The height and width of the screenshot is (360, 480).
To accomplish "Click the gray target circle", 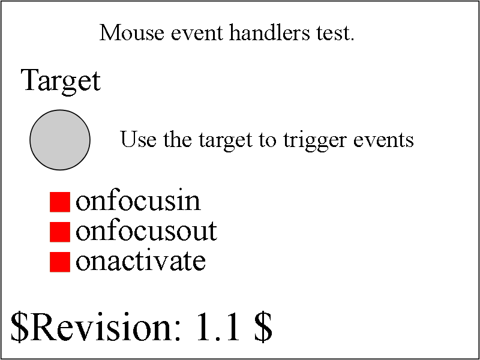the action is coord(60,140).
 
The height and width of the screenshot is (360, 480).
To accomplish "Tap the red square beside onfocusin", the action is coord(60,202).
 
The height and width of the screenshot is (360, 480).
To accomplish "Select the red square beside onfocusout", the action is coord(60,232).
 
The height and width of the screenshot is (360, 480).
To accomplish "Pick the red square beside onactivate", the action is coord(60,262).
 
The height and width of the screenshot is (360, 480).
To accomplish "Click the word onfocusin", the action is coord(138,202).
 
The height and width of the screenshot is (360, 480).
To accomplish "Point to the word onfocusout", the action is coord(146,231).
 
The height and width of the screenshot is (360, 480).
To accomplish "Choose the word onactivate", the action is coord(140,261).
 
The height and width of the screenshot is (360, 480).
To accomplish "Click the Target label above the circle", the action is coord(61,81).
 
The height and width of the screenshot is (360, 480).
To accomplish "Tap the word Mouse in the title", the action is coord(131,33).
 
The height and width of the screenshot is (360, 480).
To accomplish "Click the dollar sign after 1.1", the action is coord(262,327).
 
